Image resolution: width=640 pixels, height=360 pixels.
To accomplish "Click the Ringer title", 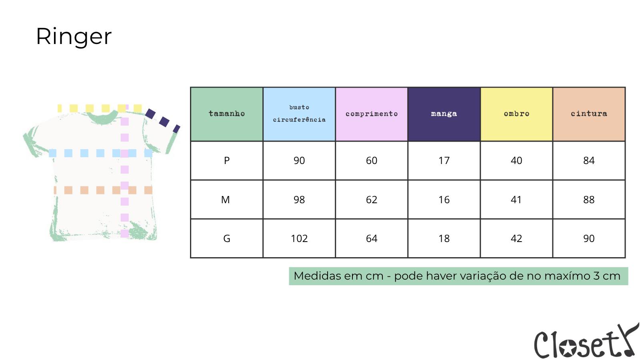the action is pos(74,36).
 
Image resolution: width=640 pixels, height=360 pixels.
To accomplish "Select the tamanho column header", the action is pos(226,114).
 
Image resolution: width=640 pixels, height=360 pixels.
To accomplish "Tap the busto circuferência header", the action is pos(299,114).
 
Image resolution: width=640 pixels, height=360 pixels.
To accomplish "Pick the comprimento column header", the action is pos(372,114).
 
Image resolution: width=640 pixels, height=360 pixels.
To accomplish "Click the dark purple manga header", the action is pos(444,114).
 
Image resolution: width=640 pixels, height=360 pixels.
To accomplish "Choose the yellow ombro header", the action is pos(516,114).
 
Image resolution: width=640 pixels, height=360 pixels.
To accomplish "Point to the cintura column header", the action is pos(589,114).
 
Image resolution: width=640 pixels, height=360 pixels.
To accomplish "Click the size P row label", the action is pos(226,160).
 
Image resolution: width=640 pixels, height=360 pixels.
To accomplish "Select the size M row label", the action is pos(226,200).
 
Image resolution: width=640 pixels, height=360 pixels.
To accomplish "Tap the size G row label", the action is pos(226,238).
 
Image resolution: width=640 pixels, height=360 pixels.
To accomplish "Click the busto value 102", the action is pos(299,238).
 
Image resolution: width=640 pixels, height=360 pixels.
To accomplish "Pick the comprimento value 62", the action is pos(372,200).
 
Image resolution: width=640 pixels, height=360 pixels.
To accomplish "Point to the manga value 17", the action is pos(444,160).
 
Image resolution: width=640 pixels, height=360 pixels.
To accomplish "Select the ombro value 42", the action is pos(516,238).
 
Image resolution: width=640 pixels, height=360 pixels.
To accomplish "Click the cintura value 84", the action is pos(589,160).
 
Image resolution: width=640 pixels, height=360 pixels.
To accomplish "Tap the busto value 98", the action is pos(299,200).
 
